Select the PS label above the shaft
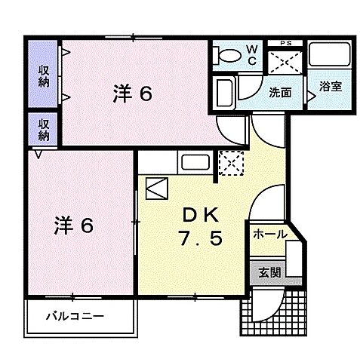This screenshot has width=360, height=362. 286,42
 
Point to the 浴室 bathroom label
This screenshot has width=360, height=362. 330,86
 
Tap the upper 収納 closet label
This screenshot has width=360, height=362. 45,75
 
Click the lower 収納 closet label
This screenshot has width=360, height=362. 45,129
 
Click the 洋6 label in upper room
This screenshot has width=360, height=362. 134,94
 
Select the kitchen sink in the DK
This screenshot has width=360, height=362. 195,163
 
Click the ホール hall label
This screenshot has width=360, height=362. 269,235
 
